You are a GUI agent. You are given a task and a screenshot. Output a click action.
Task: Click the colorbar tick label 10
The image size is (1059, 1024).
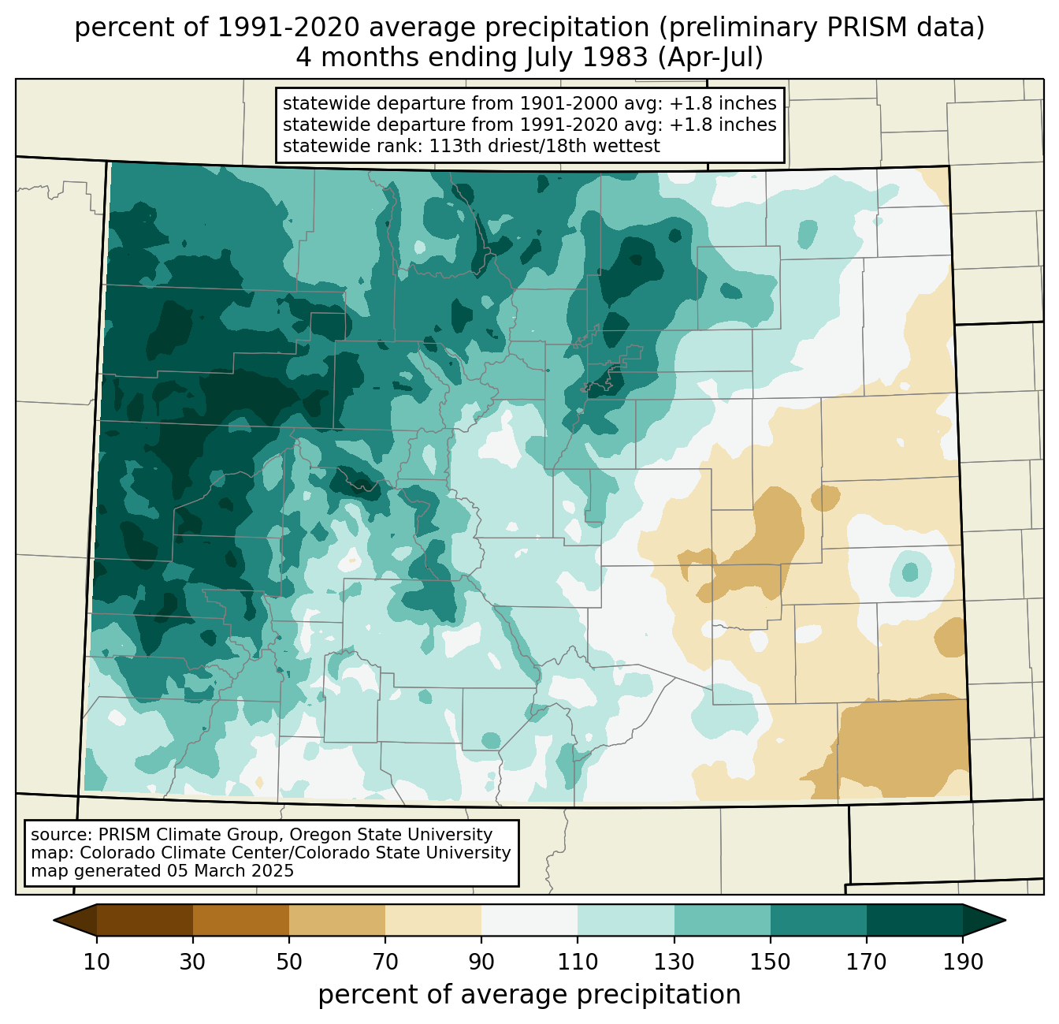click(96, 962)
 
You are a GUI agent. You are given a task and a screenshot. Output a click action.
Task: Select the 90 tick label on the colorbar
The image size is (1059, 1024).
click(481, 962)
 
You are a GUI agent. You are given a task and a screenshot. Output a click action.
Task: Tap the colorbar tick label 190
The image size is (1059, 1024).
click(963, 962)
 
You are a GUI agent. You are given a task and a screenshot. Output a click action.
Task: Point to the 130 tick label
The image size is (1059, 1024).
click(674, 962)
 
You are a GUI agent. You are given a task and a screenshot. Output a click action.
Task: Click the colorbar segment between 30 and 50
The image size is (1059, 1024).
click(240, 921)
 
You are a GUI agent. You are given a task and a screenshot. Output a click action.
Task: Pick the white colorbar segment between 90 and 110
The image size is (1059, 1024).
click(529, 921)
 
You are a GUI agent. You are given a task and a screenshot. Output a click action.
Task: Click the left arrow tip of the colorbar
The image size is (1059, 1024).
click(54, 921)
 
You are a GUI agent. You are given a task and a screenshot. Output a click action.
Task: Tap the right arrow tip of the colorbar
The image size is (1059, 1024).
click(1005, 921)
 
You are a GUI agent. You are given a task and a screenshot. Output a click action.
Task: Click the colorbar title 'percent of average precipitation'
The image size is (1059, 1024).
click(529, 995)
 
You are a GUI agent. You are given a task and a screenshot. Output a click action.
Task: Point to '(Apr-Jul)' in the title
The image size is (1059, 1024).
click(710, 58)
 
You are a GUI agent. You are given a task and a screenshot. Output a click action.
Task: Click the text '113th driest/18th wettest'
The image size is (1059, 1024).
click(544, 146)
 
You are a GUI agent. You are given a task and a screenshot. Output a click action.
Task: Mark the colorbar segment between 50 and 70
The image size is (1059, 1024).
click(337, 921)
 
